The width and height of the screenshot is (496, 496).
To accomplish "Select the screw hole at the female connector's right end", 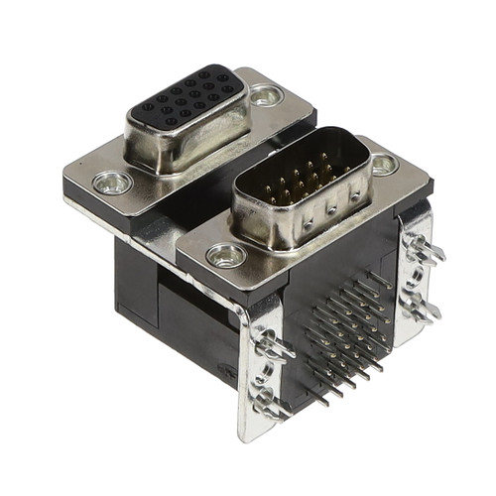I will coord(265,95).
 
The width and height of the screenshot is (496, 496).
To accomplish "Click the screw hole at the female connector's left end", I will coord(111,183).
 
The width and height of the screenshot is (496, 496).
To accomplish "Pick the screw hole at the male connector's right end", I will coord(385,165).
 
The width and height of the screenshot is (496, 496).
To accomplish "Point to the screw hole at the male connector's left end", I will coord(226,256).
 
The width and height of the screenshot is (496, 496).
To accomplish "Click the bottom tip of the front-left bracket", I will coord(248,434).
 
